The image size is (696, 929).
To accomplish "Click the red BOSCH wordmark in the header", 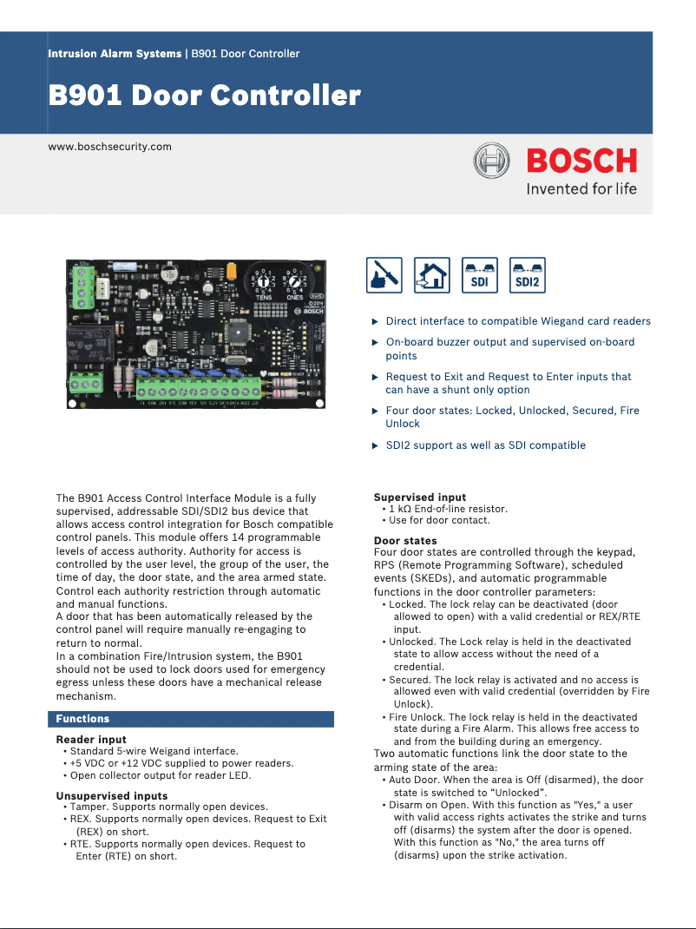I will coord(581,161).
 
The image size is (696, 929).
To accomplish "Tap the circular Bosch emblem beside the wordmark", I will coord(491,161).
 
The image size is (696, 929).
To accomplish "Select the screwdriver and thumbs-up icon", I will coord(384,274).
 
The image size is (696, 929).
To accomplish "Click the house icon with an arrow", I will coord(431,274).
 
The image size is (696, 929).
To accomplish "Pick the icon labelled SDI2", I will coord(528,274).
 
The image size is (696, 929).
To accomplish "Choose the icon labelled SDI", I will coord(479,274).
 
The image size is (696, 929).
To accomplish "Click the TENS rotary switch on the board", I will coord(261,281).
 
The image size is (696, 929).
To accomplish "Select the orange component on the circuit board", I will coord(232,272).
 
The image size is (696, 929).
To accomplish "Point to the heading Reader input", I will coord(91,740).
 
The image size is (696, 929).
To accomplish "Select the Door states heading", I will coord(405,541).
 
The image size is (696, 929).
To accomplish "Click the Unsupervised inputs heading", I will coord(112,795).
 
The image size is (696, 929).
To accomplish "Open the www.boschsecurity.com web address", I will coord(109,147).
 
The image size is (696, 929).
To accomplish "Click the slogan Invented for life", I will coord(581,188).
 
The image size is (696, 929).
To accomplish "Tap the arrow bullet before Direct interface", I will coord(375,322).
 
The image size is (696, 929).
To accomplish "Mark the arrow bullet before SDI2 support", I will coord(375,446).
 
